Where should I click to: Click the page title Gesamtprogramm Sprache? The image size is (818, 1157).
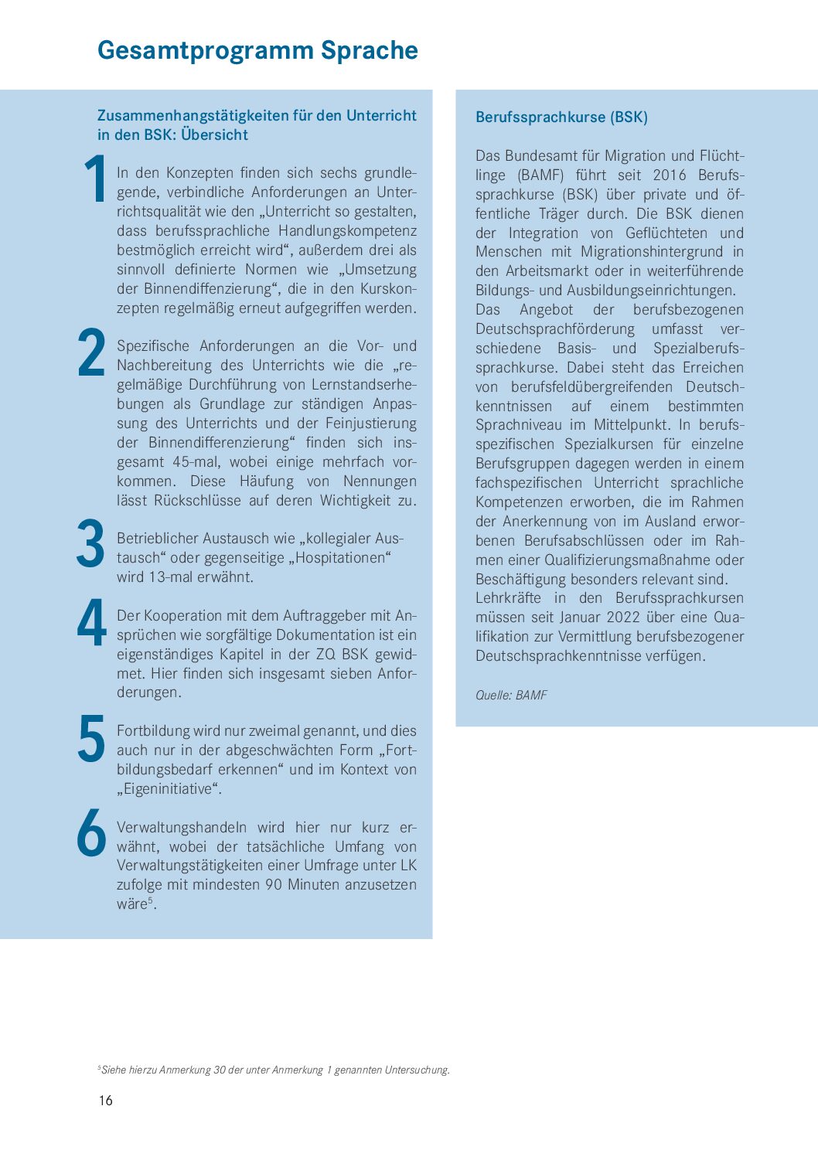(x=257, y=51)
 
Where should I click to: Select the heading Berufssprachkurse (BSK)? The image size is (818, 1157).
(x=561, y=117)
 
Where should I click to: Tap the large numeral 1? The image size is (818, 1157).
(x=96, y=179)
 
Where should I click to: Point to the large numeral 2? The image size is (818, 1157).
(x=92, y=354)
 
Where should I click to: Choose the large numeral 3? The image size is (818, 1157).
(x=91, y=545)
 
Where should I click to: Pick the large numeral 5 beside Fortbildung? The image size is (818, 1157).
(x=92, y=739)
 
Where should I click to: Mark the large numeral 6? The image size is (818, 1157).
(x=92, y=833)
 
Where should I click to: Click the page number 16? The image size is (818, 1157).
(x=105, y=1101)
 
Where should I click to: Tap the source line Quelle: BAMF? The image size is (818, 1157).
(x=511, y=696)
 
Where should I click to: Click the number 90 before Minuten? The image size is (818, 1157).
(x=274, y=885)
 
